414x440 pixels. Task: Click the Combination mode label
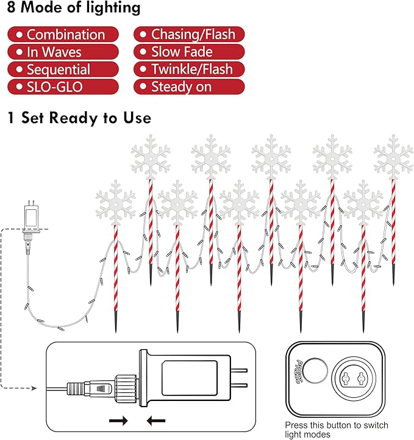63,35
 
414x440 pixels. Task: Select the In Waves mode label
63,52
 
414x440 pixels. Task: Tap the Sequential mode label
63,70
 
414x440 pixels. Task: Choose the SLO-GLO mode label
63,87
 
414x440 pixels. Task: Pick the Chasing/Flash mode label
189,35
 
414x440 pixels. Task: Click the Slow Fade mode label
189,52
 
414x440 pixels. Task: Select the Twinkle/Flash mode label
189,70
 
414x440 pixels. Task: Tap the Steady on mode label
189,87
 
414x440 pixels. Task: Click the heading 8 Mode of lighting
74,9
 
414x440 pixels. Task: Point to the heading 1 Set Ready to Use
79,117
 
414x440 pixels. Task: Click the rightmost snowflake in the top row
393,158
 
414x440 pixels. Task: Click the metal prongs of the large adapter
241,377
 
